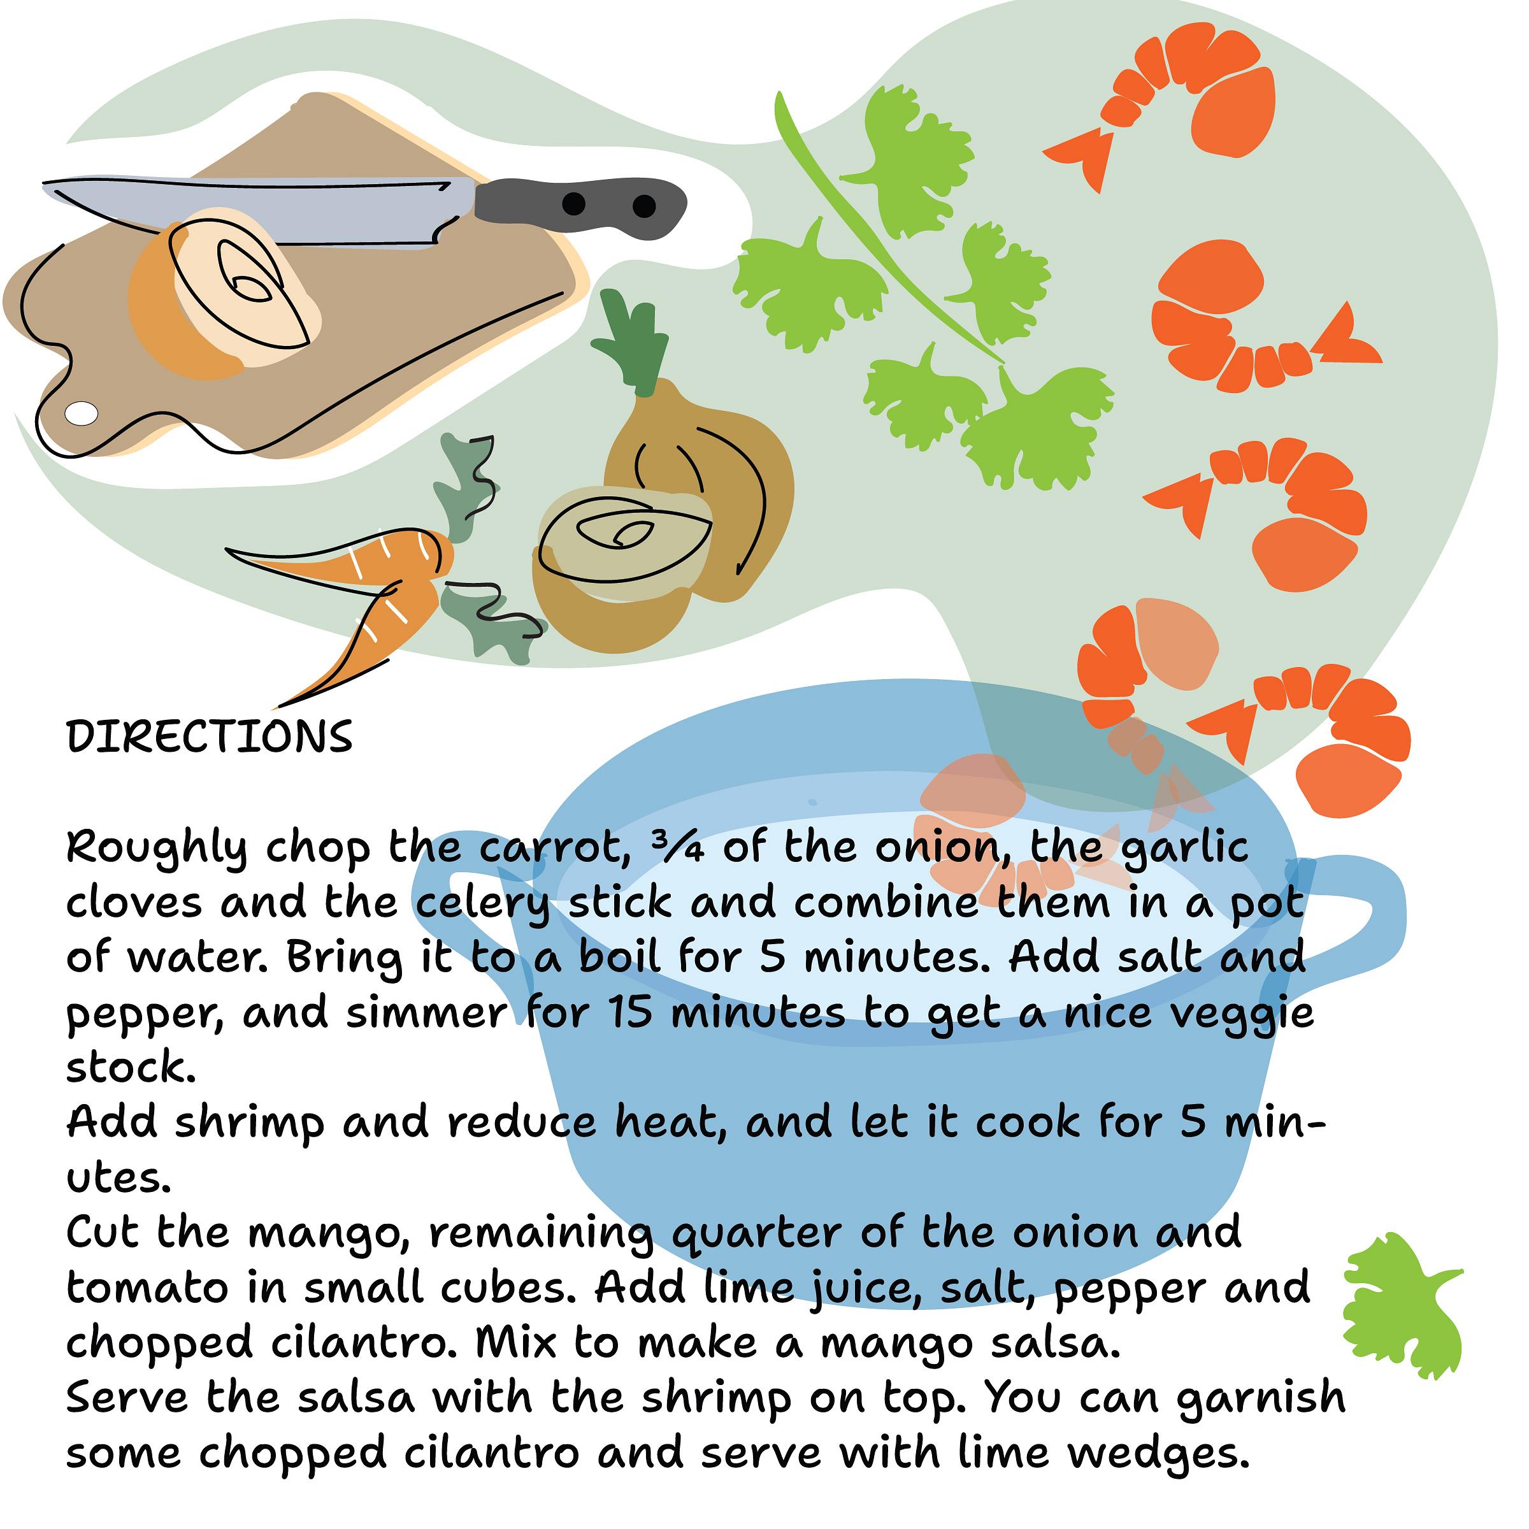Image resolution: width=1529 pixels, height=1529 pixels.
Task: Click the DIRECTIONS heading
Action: (210, 737)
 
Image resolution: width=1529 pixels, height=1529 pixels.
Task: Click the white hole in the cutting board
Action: (82, 413)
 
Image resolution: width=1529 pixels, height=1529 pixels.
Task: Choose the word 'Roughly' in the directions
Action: (157, 850)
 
